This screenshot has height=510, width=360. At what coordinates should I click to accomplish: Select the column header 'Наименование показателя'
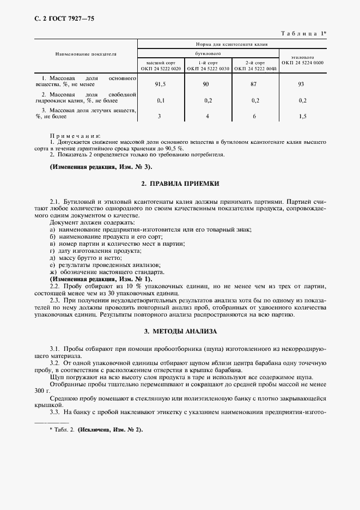pos(86,54)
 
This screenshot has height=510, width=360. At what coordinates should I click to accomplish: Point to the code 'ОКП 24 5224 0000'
pos(302,63)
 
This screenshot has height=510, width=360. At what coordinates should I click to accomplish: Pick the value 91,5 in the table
pos(160,84)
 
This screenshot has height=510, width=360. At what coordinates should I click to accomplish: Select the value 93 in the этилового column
pos(302,84)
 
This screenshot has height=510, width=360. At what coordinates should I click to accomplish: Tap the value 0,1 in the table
pos(160,100)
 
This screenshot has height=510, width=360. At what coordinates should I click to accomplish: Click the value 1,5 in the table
pos(302,116)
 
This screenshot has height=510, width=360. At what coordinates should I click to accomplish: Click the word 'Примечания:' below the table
pos(76,135)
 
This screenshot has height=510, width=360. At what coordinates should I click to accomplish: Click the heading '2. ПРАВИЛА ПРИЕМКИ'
pos(180,184)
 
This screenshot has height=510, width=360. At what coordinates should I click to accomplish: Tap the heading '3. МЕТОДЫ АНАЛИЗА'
pos(180,331)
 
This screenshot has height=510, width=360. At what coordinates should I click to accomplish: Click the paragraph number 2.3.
pos(54,300)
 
